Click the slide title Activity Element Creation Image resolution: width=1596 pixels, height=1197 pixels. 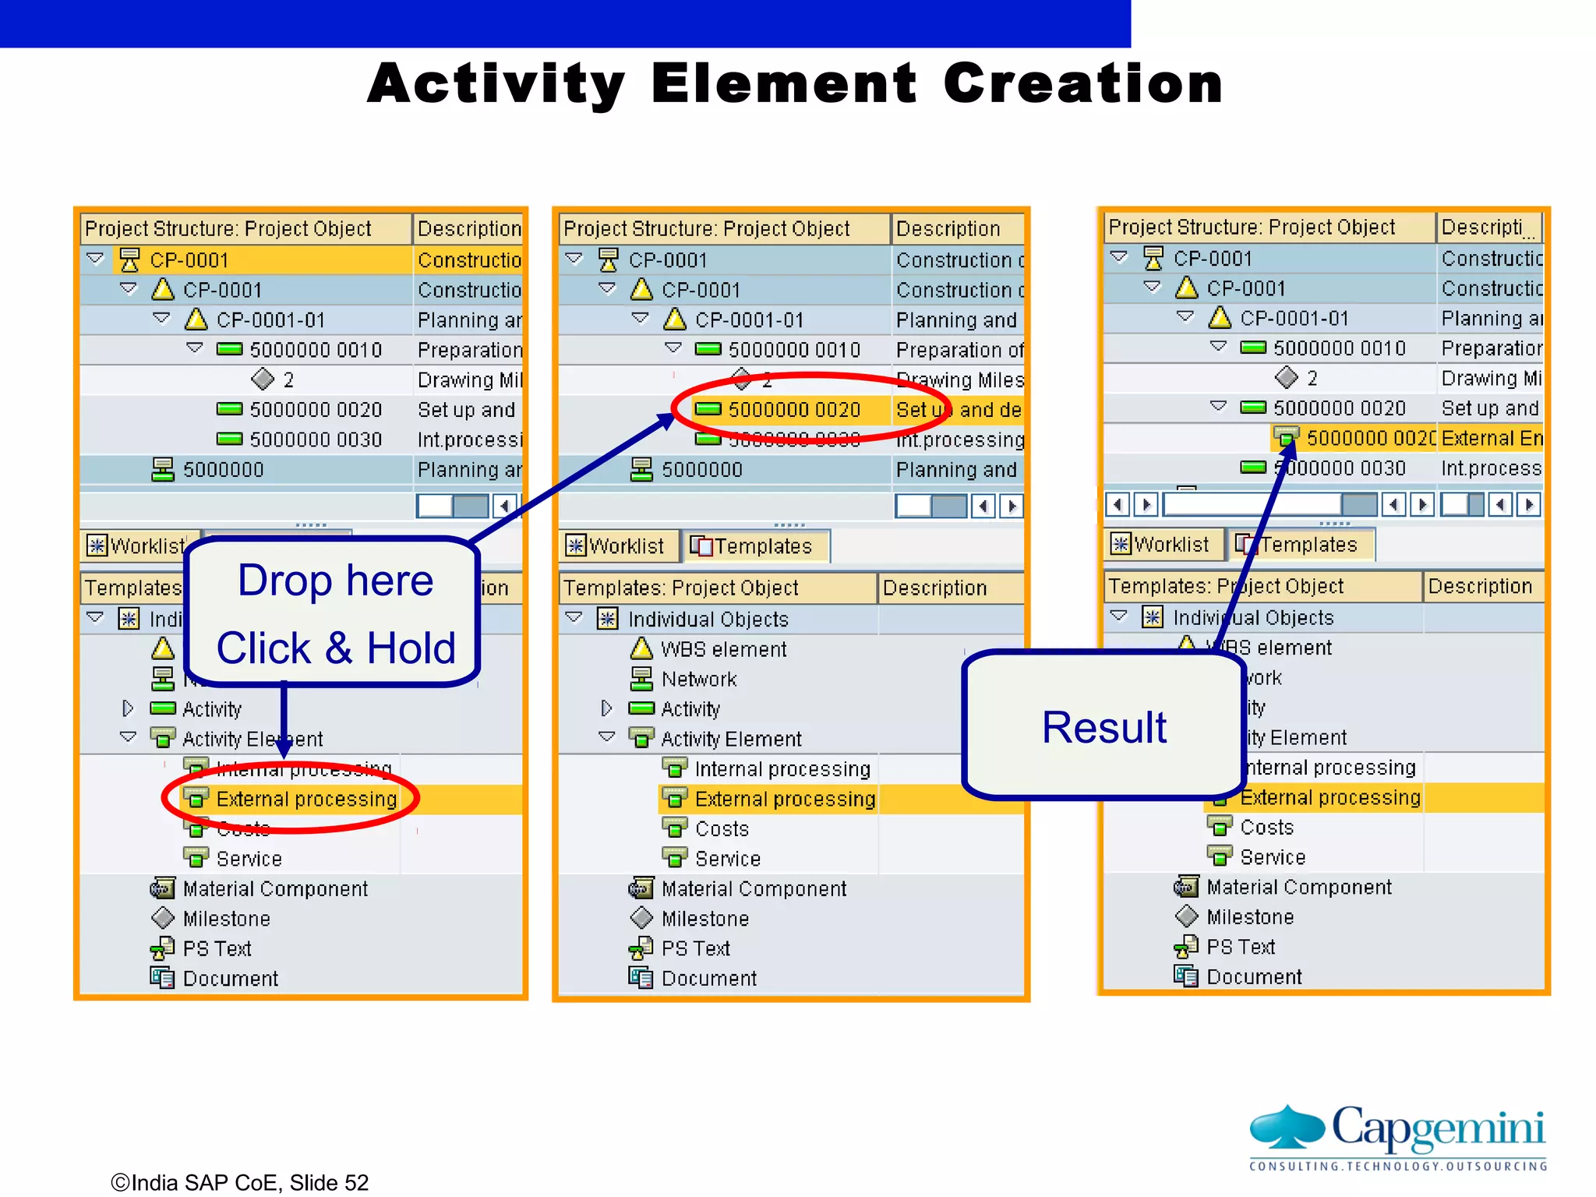pos(795,83)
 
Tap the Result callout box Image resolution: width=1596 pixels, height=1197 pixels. pos(1103,726)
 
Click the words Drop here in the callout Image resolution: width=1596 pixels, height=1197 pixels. pos(335,581)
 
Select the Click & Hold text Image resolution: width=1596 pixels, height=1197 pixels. pos(335,648)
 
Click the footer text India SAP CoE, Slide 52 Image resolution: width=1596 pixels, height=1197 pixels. pos(240,1182)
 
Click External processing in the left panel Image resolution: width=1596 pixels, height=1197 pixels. pos(306,799)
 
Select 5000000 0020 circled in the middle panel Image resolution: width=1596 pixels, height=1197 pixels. pos(793,410)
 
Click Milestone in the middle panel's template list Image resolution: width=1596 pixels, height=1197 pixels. pos(704,919)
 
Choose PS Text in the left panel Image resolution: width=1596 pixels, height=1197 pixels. pos(217,948)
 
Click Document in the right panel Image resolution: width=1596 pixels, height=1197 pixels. pos(1253,976)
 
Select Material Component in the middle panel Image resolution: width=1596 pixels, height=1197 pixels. pos(753,888)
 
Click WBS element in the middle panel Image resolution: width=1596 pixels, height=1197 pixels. pos(723,649)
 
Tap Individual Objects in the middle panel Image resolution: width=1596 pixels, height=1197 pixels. pos(708,620)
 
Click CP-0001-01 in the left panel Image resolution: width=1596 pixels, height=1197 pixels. pos(270,320)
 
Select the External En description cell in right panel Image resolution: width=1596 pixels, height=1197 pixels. pos(1490,438)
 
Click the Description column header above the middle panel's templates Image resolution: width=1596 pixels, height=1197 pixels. pos(934,588)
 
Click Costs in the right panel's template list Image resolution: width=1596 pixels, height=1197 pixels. pos(1266,827)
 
